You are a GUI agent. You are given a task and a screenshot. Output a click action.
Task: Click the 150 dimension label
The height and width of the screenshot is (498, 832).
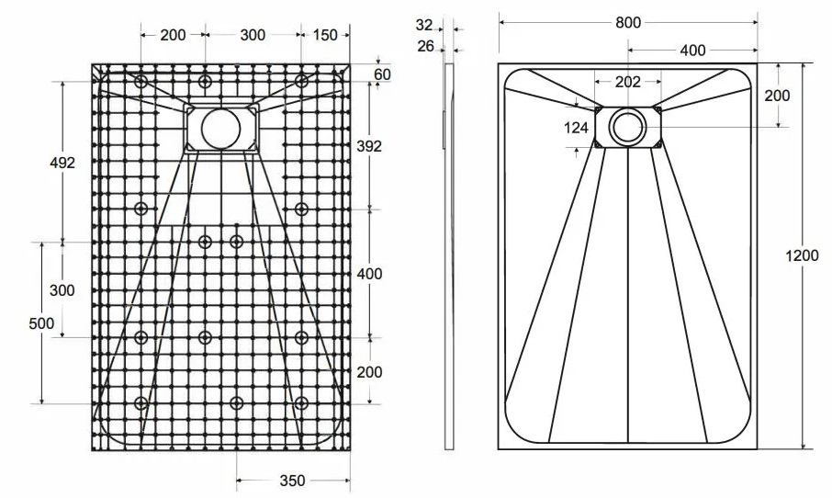pyautogui.click(x=325, y=35)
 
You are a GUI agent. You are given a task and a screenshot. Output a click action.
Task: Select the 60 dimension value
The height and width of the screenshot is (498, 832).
pyautogui.click(x=382, y=74)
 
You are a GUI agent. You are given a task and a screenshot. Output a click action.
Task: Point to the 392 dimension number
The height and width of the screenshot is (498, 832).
pyautogui.click(x=369, y=146)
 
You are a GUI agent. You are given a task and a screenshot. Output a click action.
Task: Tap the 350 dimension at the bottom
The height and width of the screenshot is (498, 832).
pyautogui.click(x=292, y=481)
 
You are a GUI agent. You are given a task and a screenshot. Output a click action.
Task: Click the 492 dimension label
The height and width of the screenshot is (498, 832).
pyautogui.click(x=62, y=163)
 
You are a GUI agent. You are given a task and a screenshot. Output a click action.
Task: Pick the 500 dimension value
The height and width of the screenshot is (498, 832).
pyautogui.click(x=41, y=323)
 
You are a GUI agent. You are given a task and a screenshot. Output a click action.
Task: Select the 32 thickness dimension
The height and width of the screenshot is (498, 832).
pyautogui.click(x=424, y=25)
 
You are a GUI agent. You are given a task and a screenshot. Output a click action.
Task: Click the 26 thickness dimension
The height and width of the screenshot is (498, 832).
pyautogui.click(x=425, y=47)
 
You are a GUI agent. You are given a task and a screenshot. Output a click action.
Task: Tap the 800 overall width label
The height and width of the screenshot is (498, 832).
pyautogui.click(x=628, y=23)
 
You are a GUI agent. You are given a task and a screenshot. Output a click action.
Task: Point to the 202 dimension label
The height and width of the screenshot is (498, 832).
pyautogui.click(x=628, y=82)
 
